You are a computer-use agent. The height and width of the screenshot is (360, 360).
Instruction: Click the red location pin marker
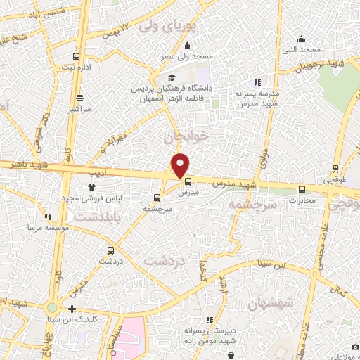click(x=181, y=165)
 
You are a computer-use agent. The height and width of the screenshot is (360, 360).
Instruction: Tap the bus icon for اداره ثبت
click(x=76, y=57)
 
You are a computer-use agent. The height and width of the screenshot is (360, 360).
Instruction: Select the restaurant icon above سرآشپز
click(x=79, y=98)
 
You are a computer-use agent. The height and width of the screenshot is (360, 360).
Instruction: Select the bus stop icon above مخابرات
click(x=302, y=188)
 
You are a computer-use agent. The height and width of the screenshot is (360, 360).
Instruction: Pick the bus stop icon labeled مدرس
click(x=186, y=181)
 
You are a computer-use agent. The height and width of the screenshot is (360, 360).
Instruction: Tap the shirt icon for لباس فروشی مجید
click(x=91, y=187)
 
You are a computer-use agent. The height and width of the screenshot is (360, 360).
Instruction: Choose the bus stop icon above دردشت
click(x=110, y=250)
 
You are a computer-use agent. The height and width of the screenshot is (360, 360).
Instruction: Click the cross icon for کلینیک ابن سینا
click(x=72, y=309)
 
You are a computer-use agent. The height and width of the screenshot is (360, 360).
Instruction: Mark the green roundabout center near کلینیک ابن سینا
click(x=51, y=308)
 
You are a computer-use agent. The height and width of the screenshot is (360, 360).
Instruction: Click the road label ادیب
click(x=95, y=171)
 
